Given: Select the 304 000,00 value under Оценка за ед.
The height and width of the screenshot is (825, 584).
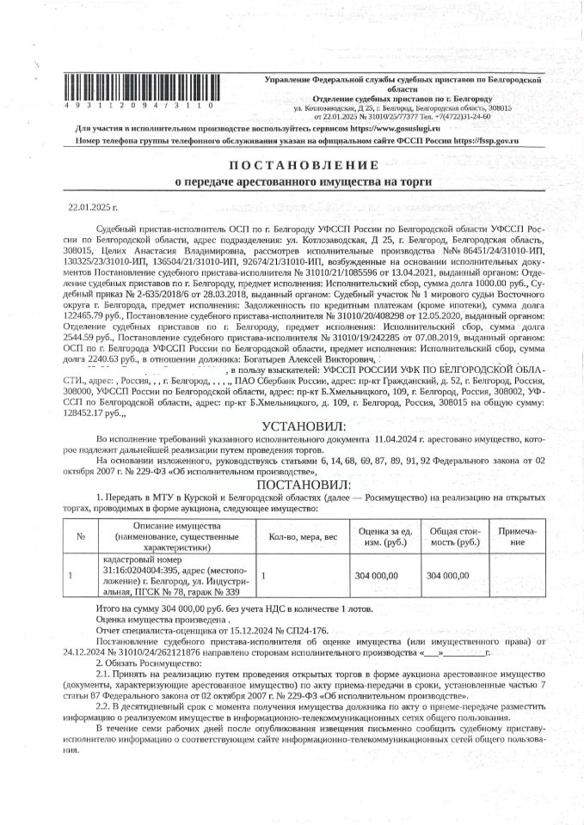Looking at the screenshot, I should pos(377,575).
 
